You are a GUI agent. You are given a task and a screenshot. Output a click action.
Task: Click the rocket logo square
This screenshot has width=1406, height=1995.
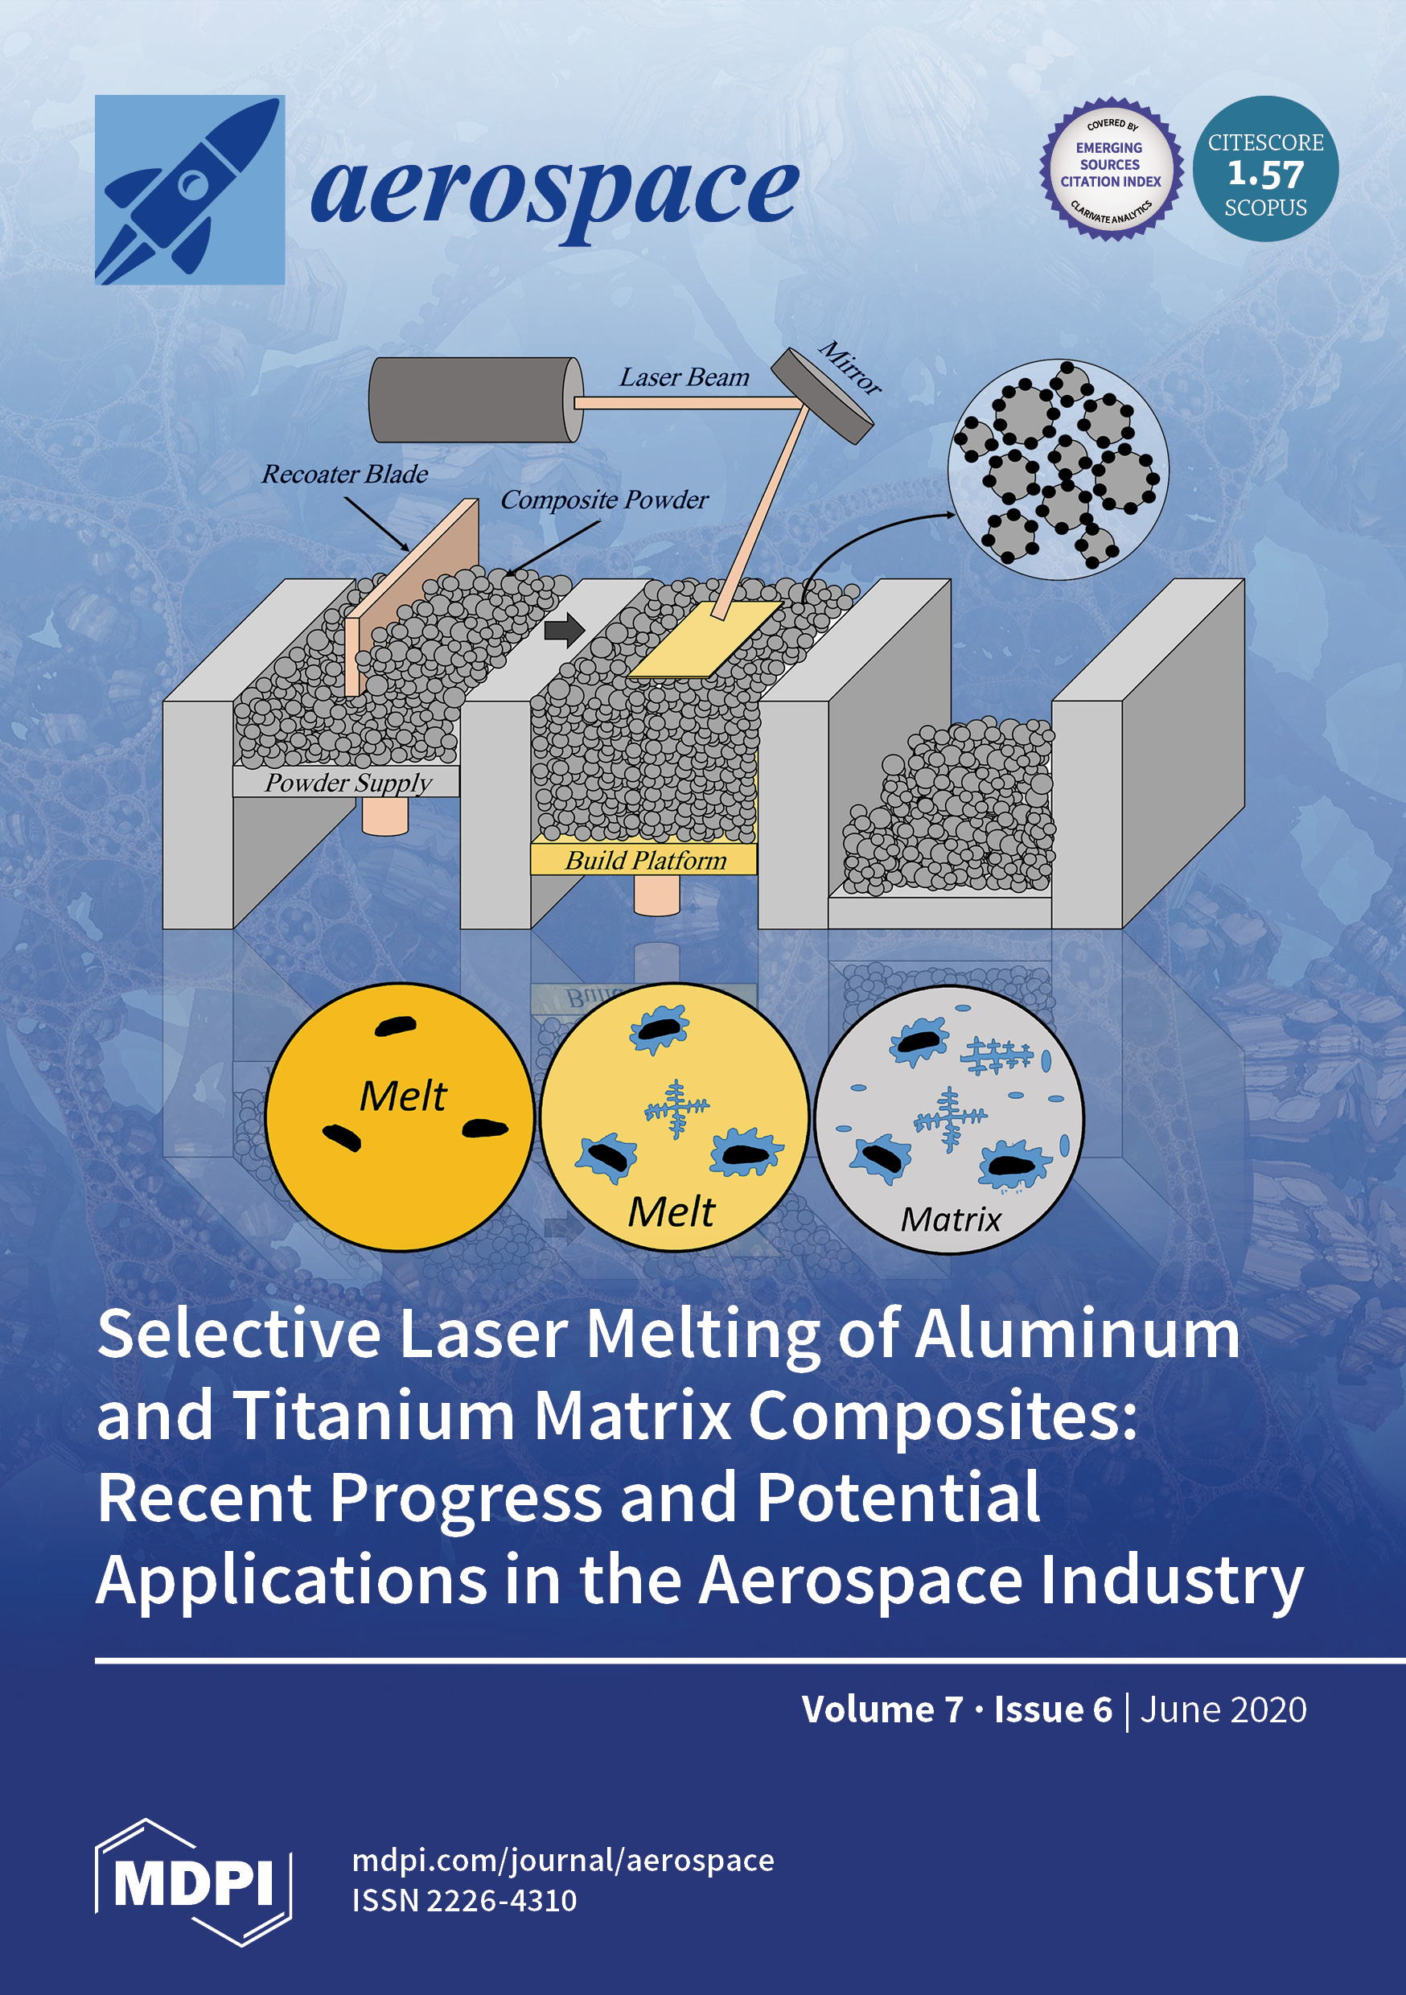pos(190,189)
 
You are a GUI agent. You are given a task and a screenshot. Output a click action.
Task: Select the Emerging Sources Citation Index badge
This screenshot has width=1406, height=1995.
pos(1111,169)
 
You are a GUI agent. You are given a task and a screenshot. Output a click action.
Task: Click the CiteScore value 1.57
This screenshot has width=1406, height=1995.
pos(1265,175)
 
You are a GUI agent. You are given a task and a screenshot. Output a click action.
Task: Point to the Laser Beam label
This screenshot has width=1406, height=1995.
pos(684,377)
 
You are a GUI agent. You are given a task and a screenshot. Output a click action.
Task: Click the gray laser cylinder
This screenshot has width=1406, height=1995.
pos(475,400)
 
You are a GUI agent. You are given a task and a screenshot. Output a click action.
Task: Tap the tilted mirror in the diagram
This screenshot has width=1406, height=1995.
pos(822,395)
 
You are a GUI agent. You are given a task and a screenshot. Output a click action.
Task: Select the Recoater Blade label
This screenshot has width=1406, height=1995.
pos(345,475)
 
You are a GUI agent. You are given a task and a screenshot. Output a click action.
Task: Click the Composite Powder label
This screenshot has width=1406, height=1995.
pos(604,500)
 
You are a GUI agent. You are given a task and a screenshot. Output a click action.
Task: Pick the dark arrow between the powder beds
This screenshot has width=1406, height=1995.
pos(564,630)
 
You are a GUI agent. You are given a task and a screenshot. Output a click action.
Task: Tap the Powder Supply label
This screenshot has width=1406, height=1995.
pos(347,782)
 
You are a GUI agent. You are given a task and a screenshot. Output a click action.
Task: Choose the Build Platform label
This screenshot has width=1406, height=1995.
pos(645,860)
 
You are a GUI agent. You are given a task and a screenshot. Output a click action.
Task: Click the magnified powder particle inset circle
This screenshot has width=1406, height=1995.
pos(1058,469)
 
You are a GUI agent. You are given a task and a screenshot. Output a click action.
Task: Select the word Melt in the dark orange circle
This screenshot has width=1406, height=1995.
pos(402,1096)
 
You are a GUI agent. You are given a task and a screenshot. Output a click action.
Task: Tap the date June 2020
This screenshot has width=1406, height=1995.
pos(1223,1710)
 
